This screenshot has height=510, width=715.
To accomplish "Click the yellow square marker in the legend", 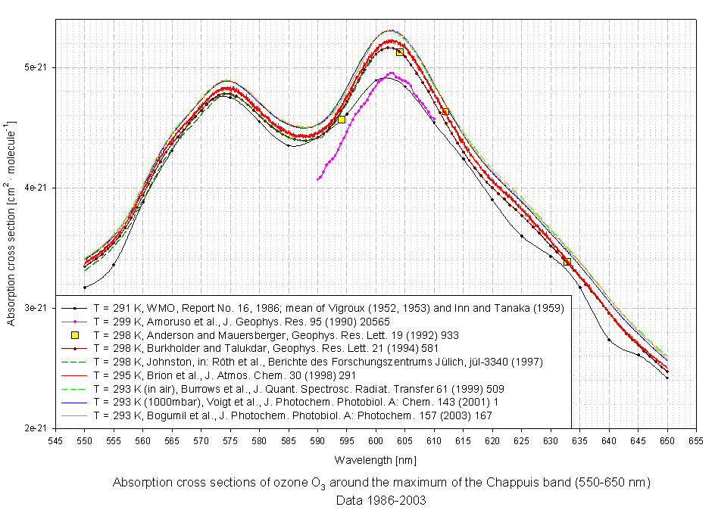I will [75, 334].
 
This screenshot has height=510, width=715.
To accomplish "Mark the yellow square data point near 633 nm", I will [567, 262].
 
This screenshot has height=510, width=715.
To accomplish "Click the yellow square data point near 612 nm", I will [445, 112].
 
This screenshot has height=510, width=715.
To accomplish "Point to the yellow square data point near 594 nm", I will [342, 120].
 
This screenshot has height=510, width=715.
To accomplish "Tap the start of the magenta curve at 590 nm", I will [318, 179].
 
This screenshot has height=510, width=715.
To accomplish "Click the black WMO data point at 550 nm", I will [85, 288].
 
